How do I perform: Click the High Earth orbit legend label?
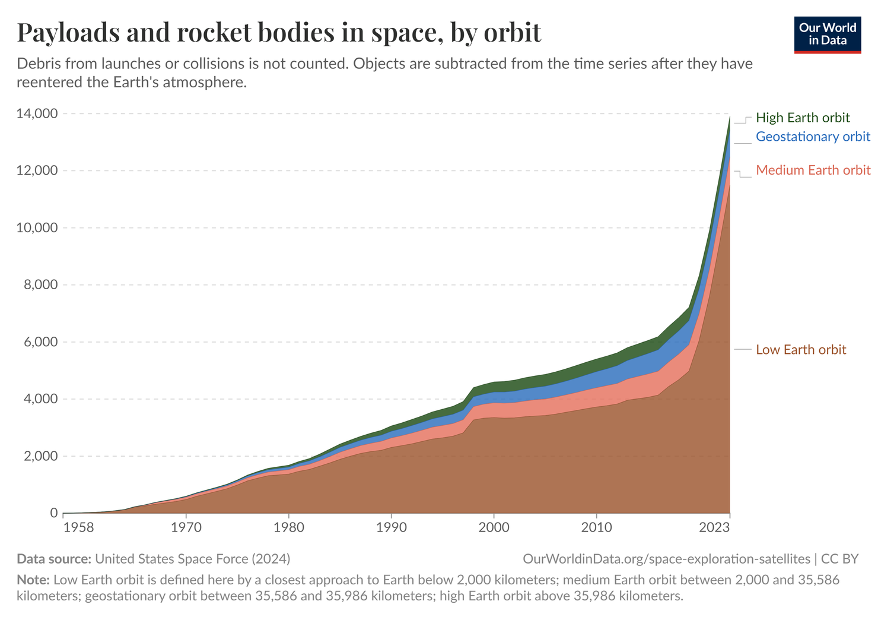click(802, 118)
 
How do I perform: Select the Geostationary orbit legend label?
click(813, 137)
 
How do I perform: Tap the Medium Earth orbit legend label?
click(813, 170)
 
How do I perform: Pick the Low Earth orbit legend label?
click(800, 349)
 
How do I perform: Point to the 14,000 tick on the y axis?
click(37, 113)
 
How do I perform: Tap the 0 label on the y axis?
click(53, 513)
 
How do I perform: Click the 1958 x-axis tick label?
click(78, 527)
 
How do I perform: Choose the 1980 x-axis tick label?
click(288, 527)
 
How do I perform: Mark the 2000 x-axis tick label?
click(494, 527)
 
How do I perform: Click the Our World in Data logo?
click(827, 34)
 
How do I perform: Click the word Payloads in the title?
click(67, 32)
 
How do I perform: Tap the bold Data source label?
click(53, 559)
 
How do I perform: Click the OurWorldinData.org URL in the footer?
click(666, 559)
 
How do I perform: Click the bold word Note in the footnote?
click(33, 580)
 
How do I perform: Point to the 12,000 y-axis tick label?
click(37, 170)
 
